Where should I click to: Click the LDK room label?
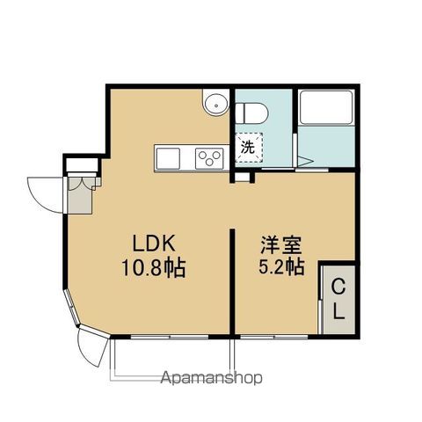coord(154,244)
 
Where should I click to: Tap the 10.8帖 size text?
coord(154,268)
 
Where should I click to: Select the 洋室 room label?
coord(281,245)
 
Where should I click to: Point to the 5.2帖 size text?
coord(281,266)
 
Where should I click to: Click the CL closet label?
coord(339,299)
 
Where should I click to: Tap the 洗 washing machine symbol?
coord(249,148)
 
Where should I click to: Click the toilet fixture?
coord(251,113)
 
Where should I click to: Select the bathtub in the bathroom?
coord(326,107)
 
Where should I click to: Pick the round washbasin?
coord(216,104)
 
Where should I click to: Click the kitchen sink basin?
coord(168,158)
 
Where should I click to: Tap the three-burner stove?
coord(209,158)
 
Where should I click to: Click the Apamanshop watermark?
coord(211,378)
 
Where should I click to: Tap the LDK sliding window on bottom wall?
coord(170,338)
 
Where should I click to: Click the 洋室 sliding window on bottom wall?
coord(274,338)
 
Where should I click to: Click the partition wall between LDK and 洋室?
coord(232,281)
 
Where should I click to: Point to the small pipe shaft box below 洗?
coord(243,177)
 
